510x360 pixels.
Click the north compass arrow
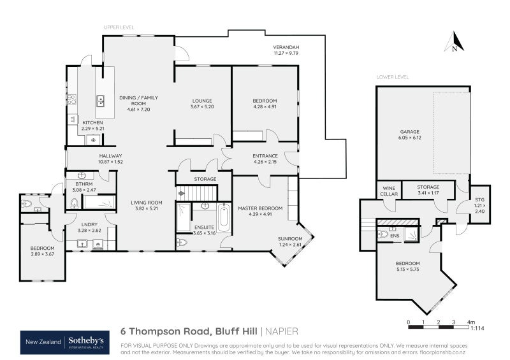pyautogui.click(x=453, y=42)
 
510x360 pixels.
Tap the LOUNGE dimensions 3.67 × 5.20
pyautogui.click(x=201, y=106)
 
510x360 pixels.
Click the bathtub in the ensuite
pyautogui.click(x=224, y=218)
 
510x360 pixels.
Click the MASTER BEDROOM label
pyautogui.click(x=260, y=208)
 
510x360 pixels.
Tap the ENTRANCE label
pyautogui.click(x=265, y=155)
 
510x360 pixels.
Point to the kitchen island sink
pyautogui.click(x=101, y=100)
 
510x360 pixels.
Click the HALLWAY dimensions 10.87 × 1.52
pyautogui.click(x=110, y=162)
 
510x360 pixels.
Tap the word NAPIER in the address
pyautogui.click(x=280, y=331)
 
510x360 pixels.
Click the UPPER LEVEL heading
pyautogui.click(x=118, y=27)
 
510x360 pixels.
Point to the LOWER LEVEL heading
pyautogui.click(x=391, y=77)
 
